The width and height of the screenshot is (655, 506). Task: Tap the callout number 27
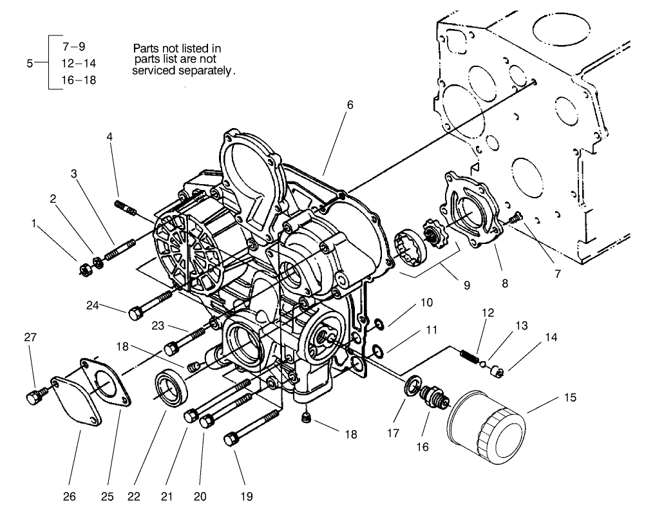pos(30,337)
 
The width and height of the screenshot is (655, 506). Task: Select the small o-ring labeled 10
pos(380,323)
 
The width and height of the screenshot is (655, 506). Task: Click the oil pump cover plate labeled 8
pos(473,212)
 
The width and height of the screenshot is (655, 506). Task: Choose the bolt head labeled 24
pos(135,314)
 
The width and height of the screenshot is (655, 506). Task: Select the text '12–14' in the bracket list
pos(79,63)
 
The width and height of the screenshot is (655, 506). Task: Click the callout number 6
pos(350,105)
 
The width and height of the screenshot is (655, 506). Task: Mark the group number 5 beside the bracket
pos(30,63)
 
